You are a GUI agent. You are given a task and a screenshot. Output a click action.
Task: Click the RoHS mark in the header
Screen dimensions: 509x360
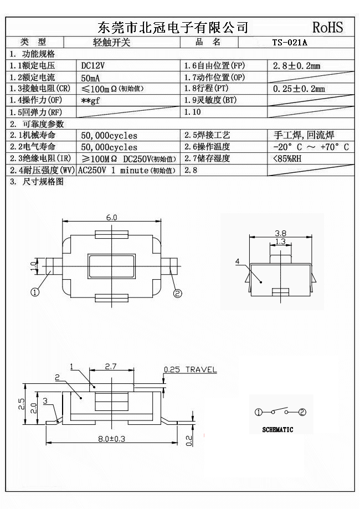coord(328,27)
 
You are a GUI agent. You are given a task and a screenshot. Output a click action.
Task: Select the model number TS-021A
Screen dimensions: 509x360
coord(290,42)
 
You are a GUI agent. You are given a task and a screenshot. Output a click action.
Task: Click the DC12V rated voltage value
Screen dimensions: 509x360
coord(93,65)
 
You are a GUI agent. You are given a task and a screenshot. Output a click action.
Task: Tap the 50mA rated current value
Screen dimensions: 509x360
coord(90,78)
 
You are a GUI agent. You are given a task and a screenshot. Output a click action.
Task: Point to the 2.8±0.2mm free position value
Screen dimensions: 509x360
coord(297,66)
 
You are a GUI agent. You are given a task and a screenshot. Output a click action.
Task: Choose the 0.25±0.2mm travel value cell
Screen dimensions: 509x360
coord(300,89)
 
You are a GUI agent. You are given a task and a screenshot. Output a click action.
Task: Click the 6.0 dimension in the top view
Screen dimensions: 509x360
coord(111,218)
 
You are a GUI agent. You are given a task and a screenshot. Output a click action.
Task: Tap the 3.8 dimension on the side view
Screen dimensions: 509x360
coord(280,233)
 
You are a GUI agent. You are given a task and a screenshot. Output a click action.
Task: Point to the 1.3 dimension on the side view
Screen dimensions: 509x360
coord(280,242)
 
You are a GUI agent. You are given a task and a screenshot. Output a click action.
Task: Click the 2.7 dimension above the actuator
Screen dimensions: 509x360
coord(111,366)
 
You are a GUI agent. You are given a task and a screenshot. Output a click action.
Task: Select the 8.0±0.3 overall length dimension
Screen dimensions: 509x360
coord(111,438)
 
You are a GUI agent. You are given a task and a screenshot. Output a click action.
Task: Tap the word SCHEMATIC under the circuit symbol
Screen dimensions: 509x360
coord(277,429)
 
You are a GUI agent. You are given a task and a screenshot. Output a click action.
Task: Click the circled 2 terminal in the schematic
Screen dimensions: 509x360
coord(302,412)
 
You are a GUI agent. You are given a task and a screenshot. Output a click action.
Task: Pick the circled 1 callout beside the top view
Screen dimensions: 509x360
coord(35,292)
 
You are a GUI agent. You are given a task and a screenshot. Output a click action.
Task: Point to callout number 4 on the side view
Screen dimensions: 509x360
coord(237,261)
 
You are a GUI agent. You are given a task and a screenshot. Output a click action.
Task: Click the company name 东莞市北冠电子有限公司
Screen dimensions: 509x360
coord(172,27)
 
